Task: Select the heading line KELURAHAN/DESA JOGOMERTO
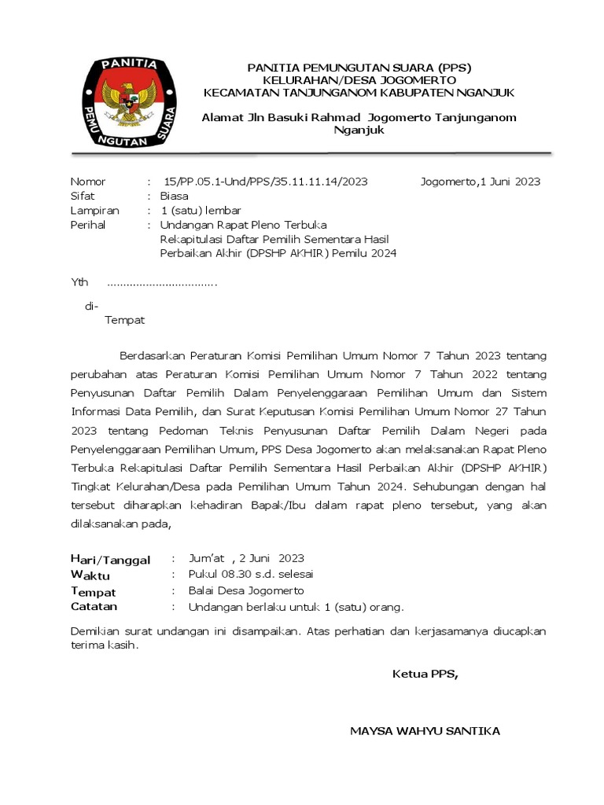(x=359, y=80)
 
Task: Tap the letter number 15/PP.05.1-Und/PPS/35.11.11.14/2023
(x=265, y=182)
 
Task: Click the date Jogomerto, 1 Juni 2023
(x=481, y=182)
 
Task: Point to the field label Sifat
(x=83, y=197)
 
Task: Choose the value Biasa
(x=174, y=197)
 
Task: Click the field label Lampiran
(x=94, y=211)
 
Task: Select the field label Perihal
(x=87, y=225)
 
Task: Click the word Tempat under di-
(x=125, y=320)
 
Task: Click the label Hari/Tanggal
(x=110, y=560)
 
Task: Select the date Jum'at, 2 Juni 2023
(x=246, y=559)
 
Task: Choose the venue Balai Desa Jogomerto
(x=246, y=590)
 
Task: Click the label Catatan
(x=94, y=607)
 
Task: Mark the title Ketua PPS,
(x=425, y=674)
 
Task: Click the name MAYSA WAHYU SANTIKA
(x=425, y=731)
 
